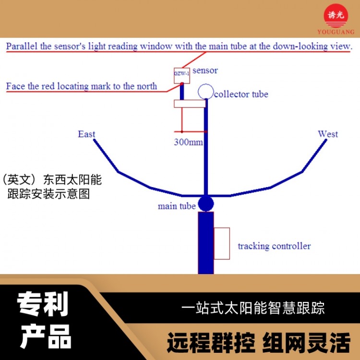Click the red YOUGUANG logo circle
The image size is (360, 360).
coord(336,16)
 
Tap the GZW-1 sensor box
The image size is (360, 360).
coord(182,75)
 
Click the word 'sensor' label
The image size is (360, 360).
coord(205,71)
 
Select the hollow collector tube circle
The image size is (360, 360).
coord(206,91)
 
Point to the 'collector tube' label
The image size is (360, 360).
coord(241,94)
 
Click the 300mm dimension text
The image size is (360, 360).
coord(189,142)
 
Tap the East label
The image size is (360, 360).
coord(86,134)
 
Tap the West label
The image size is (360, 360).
coord(328,134)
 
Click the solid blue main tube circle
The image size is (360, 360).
coord(206,204)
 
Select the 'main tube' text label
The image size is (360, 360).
coord(177,206)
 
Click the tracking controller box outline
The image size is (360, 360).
coord(222,243)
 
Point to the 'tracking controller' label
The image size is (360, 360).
coord(275,246)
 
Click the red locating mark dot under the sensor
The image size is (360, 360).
coord(182,84)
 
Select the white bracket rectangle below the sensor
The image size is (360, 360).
coord(190,104)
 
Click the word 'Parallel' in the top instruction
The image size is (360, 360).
coord(22,46)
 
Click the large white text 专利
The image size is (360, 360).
coord(43,304)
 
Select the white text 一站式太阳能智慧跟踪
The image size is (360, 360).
coord(253,308)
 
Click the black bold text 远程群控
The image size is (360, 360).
coord(211,342)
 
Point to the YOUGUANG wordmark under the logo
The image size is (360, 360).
coord(336,32)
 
